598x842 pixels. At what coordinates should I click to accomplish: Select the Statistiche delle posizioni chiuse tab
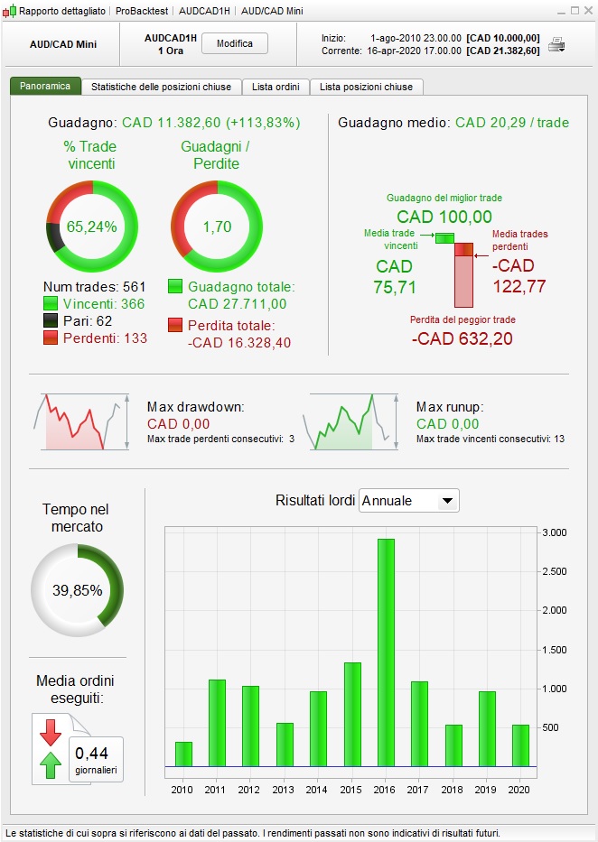point(162,87)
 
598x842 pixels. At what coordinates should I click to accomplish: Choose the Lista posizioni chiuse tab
point(366,87)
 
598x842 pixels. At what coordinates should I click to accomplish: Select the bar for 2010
point(183,754)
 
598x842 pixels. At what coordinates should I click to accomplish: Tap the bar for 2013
point(285,744)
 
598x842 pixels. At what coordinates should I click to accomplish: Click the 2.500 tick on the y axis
point(554,571)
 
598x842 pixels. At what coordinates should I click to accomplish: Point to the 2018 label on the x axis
point(453,790)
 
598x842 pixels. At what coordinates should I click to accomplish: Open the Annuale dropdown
point(408,501)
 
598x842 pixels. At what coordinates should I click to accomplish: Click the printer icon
point(557,44)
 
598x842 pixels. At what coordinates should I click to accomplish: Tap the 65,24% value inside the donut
point(91,227)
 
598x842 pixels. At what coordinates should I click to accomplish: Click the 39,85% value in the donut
point(77,590)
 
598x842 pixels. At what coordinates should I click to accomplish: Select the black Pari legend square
point(51,320)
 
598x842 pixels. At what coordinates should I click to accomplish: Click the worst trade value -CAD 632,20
point(463,339)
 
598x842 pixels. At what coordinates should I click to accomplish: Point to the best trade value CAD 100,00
point(444,217)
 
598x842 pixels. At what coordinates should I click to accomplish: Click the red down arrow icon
point(50,732)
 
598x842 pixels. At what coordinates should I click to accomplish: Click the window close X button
point(587,11)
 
